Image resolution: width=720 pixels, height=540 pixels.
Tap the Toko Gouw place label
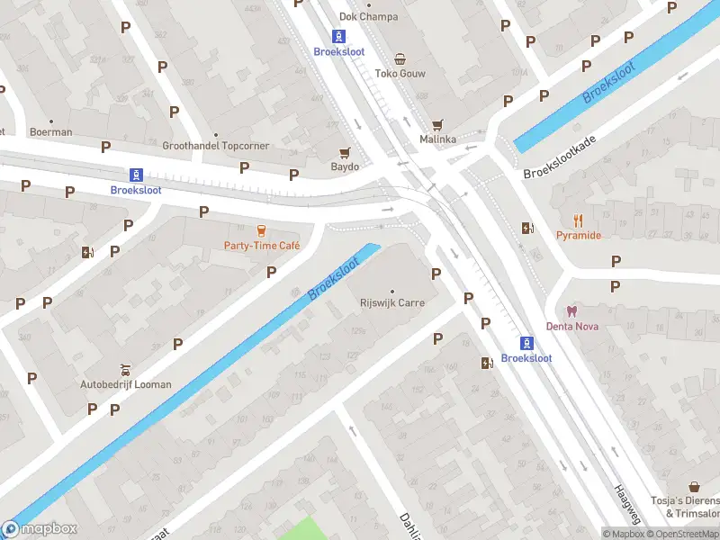coord(400,74)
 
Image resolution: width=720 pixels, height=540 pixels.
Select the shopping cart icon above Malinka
coord(437,125)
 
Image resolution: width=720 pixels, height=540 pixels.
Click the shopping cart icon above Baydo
coord(344,153)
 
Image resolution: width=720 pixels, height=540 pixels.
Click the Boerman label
coord(50,132)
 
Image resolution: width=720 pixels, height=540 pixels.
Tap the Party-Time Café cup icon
coord(262,230)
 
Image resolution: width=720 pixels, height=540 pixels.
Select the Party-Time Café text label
coord(262,246)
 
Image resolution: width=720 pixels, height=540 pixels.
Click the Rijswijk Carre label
coord(392,303)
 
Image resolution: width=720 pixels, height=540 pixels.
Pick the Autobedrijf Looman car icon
coord(126,369)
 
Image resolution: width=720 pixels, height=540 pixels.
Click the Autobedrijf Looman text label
coord(126,384)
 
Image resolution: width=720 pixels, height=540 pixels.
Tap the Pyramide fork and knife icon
coord(578,220)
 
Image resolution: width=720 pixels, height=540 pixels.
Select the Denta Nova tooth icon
coord(572,310)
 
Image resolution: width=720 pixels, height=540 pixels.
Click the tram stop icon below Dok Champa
coord(338,36)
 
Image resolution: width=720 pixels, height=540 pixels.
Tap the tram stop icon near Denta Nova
coord(526,342)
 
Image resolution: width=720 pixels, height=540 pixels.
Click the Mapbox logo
coord(40,529)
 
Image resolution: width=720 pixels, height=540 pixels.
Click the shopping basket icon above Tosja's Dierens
coord(694,487)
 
